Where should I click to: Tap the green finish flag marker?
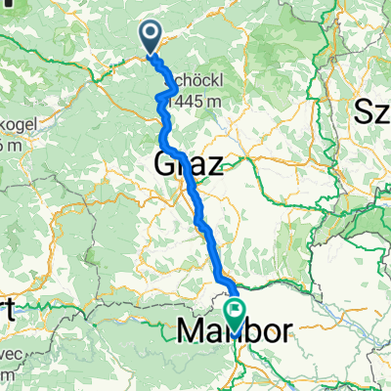coord(236,314)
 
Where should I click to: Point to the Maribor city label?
coord(236,332)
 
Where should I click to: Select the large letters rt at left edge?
coord(8,311)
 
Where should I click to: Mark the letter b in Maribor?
coord(244,332)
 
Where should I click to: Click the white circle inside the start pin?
coord(152,34)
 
